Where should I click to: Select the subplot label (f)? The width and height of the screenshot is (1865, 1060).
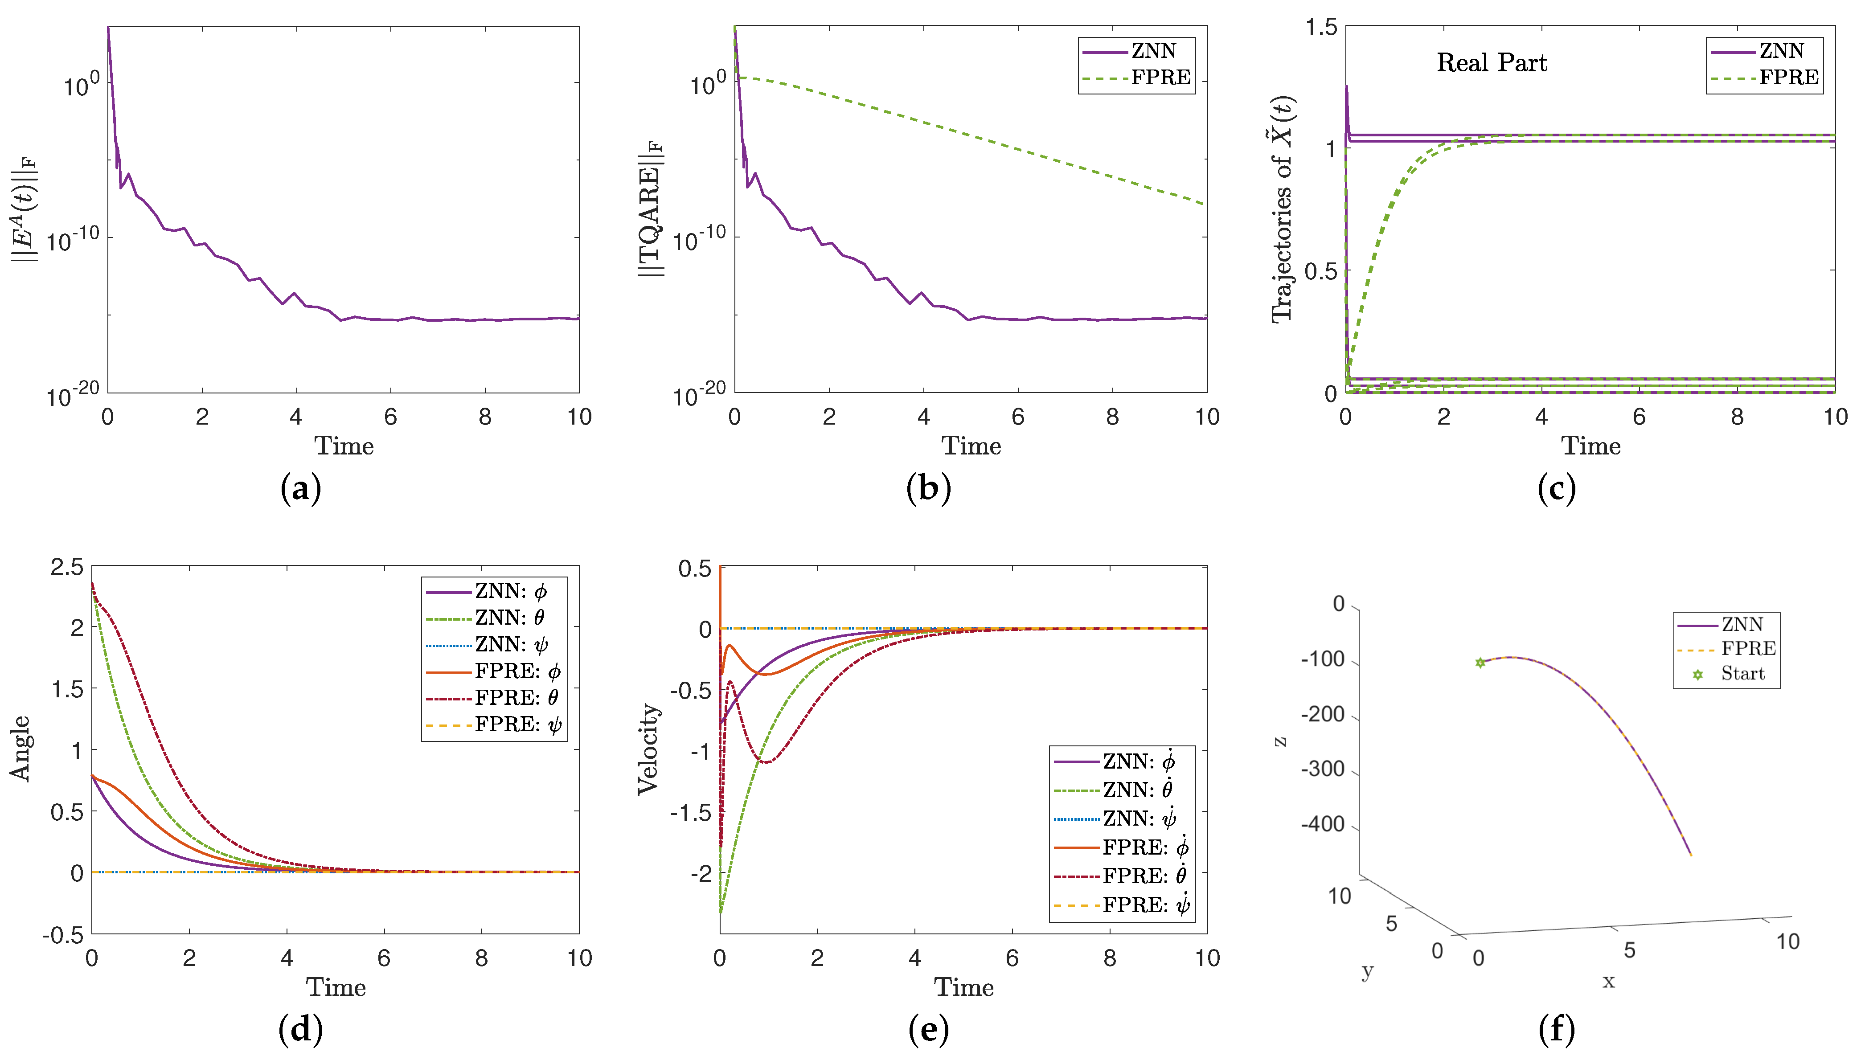click(1556, 1029)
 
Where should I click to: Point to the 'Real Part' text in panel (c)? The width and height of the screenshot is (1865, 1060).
click(1492, 63)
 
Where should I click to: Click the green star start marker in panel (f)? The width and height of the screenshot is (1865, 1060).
click(1480, 663)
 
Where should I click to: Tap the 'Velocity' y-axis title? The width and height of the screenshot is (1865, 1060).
click(648, 749)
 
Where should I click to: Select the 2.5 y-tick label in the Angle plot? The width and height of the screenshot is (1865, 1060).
click(66, 567)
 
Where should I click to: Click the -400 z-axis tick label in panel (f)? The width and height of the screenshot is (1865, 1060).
click(1323, 824)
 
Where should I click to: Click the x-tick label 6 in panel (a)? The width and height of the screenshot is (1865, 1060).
click(391, 417)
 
